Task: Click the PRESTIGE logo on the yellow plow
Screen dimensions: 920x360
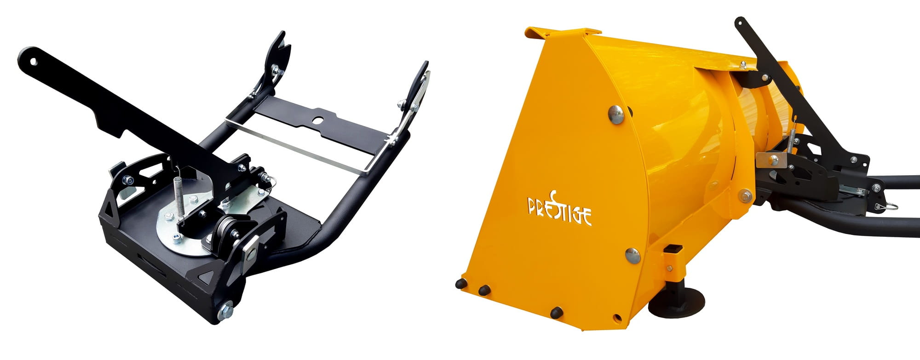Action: tap(559, 210)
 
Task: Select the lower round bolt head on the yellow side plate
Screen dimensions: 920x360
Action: tap(632, 255)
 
